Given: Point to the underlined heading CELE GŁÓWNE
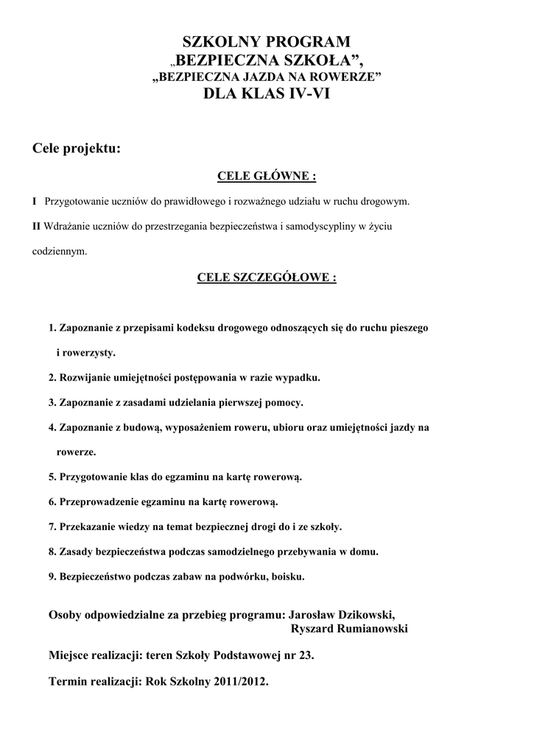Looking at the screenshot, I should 266,177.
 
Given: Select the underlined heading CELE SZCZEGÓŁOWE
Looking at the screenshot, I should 267,278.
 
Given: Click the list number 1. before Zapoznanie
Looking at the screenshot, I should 52,326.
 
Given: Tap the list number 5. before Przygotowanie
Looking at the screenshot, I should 52,476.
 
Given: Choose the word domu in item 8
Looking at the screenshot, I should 364,552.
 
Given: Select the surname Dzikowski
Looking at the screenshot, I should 362,615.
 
